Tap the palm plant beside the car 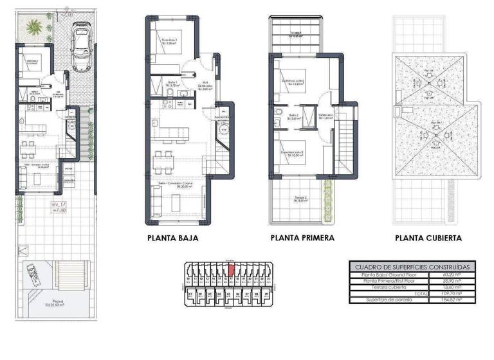click(x=34, y=28)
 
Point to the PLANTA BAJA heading click(x=173, y=238)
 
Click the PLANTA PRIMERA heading click(x=303, y=238)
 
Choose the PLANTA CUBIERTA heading click(x=429, y=238)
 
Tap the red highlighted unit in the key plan click(x=231, y=269)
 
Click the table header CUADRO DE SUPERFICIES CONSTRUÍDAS click(x=412, y=267)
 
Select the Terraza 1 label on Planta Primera click(x=296, y=33)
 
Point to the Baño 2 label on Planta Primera click(x=295, y=116)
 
